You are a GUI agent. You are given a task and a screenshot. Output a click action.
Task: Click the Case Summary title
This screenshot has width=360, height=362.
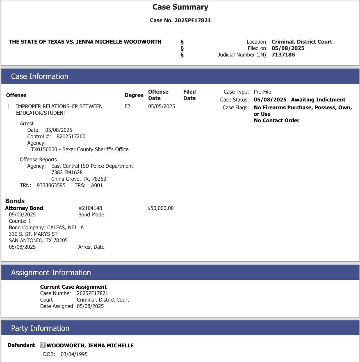tap(180, 7)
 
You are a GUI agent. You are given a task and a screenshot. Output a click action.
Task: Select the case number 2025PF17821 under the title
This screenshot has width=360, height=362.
tap(192, 20)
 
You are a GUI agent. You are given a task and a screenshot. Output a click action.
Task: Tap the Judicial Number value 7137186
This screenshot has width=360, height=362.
tap(283, 55)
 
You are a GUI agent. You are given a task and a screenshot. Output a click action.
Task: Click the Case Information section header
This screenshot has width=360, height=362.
tap(40, 76)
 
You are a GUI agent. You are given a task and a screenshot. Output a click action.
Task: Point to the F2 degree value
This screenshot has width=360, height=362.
tap(127, 106)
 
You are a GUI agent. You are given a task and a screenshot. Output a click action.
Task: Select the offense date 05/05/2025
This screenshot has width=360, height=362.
tap(161, 106)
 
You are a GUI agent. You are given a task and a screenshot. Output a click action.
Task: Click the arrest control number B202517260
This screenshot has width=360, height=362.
tap(71, 136)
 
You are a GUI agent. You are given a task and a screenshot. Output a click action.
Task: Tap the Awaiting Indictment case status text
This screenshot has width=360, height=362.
tap(318, 99)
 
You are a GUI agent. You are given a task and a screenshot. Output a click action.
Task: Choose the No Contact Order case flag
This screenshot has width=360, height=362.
tap(276, 120)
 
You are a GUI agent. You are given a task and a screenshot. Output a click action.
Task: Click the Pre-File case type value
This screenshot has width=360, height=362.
tap(262, 92)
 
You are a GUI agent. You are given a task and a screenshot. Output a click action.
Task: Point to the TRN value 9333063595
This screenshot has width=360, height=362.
tap(51, 185)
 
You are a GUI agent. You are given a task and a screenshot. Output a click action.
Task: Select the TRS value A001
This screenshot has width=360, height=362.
tap(97, 185)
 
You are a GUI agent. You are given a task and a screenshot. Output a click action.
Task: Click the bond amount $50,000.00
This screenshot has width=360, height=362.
tap(161, 208)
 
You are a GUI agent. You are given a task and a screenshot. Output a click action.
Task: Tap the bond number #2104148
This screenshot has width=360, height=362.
tap(90, 208)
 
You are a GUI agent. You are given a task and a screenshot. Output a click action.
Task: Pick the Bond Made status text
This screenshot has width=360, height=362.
tap(91, 214)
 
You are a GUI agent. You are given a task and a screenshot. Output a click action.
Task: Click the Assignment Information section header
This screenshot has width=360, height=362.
tap(51, 272)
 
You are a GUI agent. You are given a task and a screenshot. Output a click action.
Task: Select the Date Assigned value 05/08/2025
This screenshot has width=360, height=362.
tap(90, 306)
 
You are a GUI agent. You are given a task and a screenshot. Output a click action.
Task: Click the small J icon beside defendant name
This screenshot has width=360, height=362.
tap(43, 345)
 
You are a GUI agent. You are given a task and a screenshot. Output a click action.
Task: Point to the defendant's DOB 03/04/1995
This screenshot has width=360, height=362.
tap(74, 354)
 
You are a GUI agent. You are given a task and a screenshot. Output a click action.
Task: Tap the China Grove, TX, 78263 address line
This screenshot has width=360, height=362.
tap(79, 179)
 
